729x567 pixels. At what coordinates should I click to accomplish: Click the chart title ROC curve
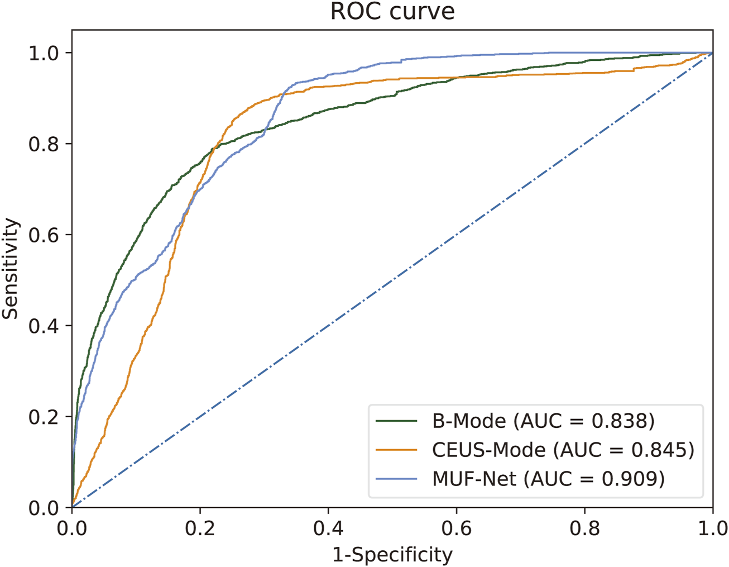[392, 12]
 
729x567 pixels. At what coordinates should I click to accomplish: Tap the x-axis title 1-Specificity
[392, 555]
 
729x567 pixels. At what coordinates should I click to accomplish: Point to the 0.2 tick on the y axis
[44, 417]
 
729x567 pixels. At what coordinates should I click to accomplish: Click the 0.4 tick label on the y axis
[44, 326]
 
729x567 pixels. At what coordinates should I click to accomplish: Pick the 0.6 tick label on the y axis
[44, 235]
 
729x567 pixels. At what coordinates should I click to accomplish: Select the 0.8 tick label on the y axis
[44, 144]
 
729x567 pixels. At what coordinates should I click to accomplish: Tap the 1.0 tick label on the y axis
[44, 53]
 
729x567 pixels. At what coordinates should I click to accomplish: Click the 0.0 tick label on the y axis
[44, 508]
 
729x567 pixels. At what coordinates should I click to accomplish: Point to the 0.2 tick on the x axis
[200, 528]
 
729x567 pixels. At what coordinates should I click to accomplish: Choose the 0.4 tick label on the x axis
[328, 528]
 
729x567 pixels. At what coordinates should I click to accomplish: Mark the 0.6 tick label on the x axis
[457, 528]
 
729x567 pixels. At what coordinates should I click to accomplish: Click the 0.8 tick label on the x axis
[584, 528]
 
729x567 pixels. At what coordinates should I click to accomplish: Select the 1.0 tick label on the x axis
[712, 528]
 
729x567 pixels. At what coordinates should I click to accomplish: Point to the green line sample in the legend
[396, 421]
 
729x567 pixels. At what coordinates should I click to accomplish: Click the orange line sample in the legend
[396, 450]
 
